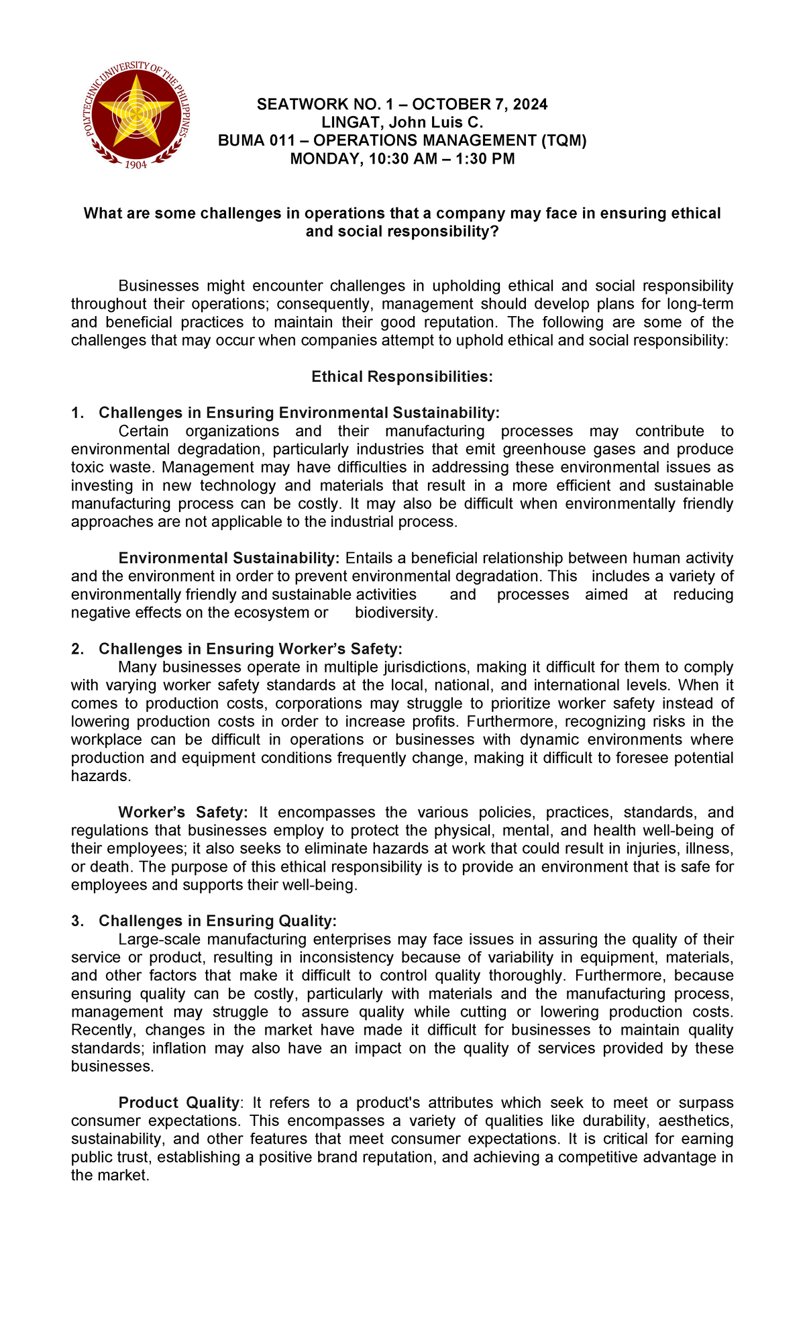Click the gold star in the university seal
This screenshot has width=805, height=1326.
coord(137,111)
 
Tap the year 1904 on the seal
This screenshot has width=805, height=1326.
coord(137,164)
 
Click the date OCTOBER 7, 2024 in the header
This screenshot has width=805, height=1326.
coord(480,104)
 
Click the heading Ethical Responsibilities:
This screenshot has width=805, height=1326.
coord(402,376)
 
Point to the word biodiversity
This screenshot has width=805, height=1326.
coord(396,613)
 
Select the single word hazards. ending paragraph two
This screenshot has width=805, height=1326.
coord(101,776)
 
